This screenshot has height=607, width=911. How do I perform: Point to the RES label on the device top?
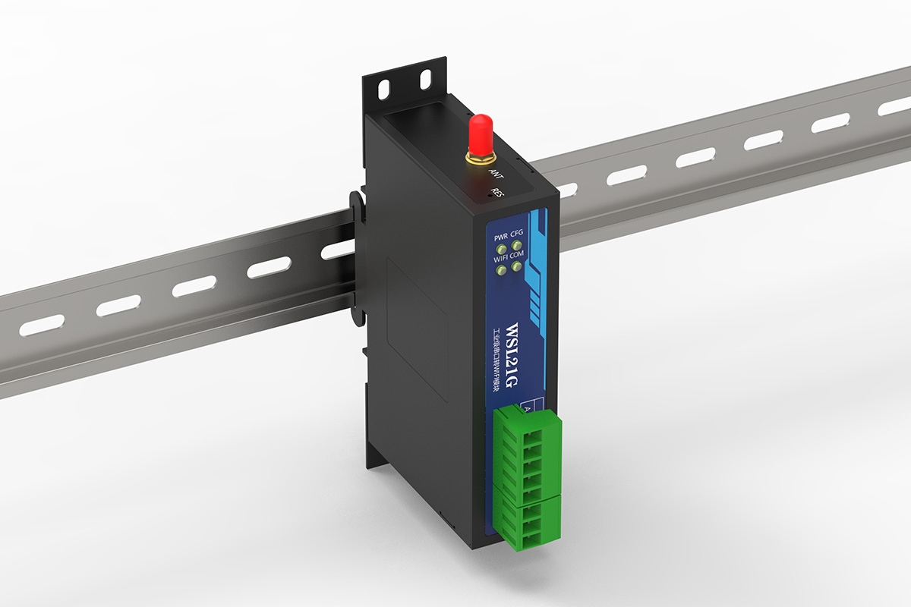[498, 193]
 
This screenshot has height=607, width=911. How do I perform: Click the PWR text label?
[501, 237]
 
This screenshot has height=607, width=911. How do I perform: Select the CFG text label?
[517, 234]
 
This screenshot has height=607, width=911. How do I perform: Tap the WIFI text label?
[501, 259]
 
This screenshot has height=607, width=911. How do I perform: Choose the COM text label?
[518, 255]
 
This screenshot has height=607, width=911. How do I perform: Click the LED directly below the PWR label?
[501, 247]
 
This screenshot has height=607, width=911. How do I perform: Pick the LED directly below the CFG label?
[517, 244]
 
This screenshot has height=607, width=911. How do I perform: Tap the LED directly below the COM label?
[517, 266]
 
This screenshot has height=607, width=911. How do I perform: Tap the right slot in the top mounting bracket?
[425, 77]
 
